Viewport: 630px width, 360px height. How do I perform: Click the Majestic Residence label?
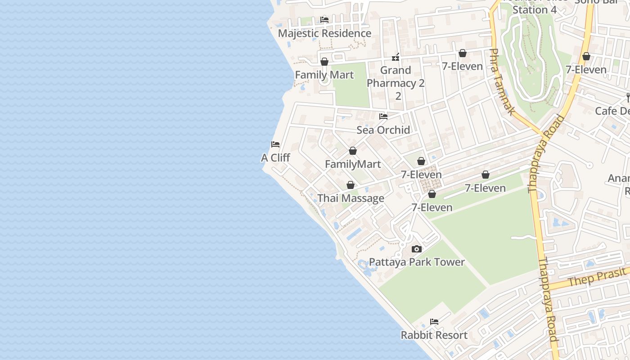tap(324, 33)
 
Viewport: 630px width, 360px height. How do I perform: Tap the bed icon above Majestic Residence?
tap(324, 19)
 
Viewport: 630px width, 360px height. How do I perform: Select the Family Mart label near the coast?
tap(324, 75)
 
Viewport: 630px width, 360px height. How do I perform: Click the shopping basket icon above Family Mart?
tap(324, 62)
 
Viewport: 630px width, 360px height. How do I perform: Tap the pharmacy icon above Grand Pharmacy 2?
tap(396, 57)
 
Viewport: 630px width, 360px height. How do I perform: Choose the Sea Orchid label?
tap(383, 130)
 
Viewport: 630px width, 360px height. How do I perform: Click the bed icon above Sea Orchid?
tap(383, 117)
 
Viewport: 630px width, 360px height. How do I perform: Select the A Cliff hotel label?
tap(275, 157)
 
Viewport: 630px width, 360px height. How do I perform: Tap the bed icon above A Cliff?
tap(275, 144)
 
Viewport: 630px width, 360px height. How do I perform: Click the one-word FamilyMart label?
tap(353, 164)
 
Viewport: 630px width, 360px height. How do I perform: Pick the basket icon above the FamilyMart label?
tap(353, 151)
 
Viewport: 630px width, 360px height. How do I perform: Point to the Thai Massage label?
tap(351, 198)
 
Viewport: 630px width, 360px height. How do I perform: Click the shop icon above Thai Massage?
tap(351, 185)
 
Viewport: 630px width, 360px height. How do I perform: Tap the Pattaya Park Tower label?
tap(417, 262)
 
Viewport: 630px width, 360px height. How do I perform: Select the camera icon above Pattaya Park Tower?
tap(417, 249)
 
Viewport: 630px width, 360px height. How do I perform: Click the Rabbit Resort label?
tap(434, 335)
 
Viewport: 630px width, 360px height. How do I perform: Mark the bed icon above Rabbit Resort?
tap(434, 322)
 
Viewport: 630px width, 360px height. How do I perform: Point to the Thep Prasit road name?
tap(597, 276)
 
